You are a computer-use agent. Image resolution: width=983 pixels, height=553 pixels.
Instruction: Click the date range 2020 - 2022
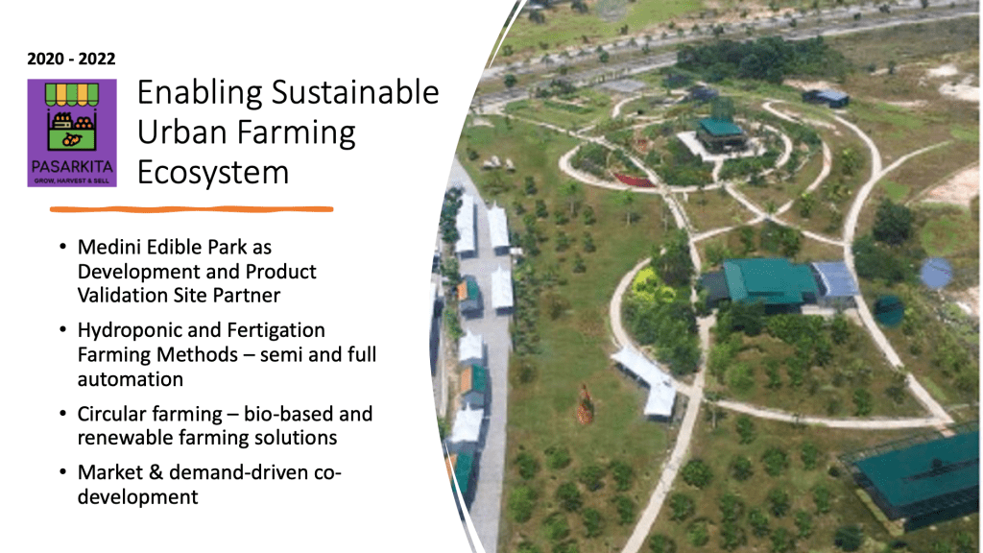coord(71,59)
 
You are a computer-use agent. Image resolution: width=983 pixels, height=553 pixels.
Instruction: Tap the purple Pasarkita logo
coord(72,132)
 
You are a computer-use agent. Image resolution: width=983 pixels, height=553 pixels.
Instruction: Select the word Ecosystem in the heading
coord(213,173)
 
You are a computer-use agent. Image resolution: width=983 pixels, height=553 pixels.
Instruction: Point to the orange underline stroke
coord(191,209)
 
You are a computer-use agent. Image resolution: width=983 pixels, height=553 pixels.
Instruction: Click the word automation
coord(131,379)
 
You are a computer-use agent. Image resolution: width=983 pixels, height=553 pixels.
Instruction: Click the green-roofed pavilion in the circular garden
coord(722,132)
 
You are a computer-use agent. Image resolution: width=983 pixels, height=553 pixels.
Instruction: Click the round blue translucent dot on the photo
coord(936,274)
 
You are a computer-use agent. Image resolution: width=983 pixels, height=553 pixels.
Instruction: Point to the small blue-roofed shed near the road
coord(827,98)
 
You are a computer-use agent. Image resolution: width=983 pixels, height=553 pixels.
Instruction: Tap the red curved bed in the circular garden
coord(635,180)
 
